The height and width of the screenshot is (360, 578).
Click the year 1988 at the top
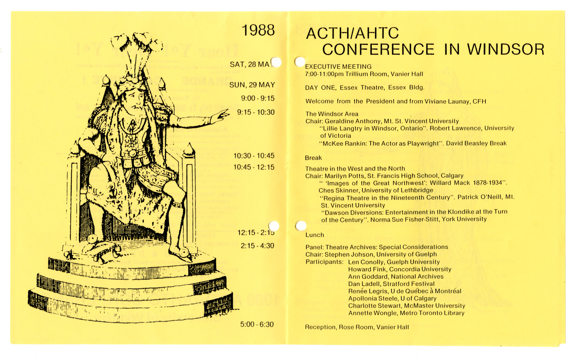pos(258,30)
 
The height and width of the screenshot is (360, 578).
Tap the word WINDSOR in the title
pos(506,49)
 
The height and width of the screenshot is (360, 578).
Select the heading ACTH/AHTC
pos(352,33)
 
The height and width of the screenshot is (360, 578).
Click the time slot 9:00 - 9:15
pos(257,98)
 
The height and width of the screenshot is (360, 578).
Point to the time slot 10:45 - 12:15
pos(254,167)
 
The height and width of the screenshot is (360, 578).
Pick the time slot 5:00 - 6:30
pos(257,324)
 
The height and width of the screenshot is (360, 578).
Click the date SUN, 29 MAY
pos(252,85)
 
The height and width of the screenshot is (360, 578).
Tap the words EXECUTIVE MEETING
pos(338,67)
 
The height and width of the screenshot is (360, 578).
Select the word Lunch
pos(315,235)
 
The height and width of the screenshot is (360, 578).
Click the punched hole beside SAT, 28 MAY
pos(276,62)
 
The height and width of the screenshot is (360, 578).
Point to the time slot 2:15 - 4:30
pos(257,246)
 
